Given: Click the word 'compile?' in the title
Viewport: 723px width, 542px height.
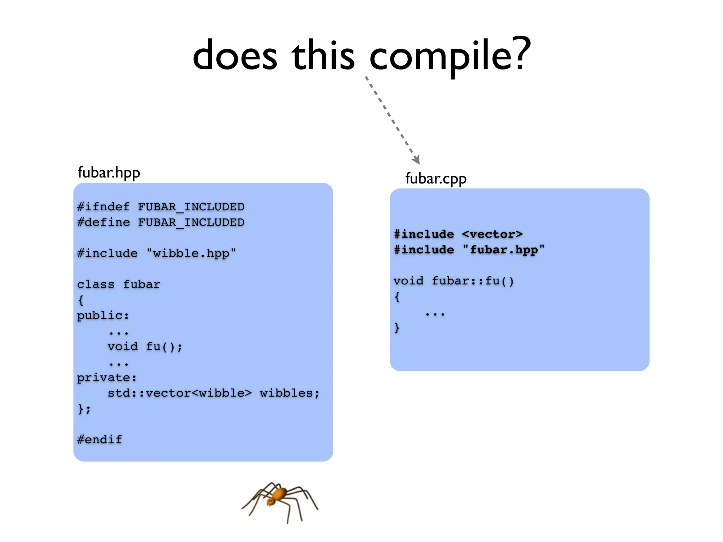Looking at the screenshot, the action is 450,56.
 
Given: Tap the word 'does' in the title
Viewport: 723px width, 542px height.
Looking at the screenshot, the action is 235,56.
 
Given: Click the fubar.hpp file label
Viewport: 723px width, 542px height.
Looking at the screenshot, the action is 109,173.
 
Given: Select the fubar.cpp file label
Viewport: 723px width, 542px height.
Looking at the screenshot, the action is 436,179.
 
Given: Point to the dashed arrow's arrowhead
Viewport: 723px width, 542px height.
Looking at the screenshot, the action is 417,159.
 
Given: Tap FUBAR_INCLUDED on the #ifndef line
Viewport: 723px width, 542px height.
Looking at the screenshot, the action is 191,207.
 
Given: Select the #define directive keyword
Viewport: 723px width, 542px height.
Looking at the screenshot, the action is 103,222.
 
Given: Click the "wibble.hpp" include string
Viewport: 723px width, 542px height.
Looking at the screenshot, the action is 191,253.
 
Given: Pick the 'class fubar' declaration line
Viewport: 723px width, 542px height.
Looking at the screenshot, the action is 119,284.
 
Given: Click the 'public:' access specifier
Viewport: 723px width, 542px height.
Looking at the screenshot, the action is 103,315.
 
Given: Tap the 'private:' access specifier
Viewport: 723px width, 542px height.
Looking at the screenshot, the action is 107,378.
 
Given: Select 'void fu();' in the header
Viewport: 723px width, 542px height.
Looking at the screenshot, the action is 145,347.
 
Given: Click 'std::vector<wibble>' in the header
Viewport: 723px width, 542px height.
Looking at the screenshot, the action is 180,393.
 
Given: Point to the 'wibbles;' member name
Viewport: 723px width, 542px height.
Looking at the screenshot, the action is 289,393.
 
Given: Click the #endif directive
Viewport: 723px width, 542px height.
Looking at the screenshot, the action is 100,440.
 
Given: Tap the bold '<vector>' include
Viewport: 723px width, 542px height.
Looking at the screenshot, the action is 492,234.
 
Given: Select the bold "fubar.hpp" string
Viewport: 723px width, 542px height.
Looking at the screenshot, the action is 504,250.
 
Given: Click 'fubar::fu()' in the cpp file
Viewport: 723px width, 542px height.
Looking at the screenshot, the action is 473,281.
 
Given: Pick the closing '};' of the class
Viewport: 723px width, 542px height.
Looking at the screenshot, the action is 84,409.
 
